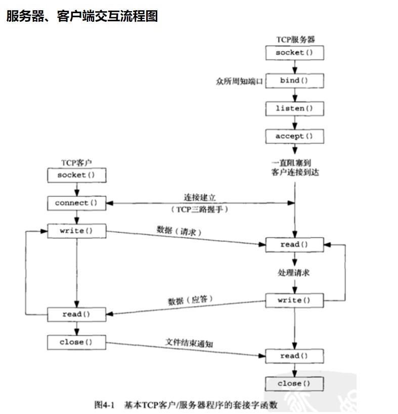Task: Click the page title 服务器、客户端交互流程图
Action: click(82, 16)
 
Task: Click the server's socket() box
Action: click(295, 53)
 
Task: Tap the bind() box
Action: click(295, 80)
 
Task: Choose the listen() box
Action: click(295, 108)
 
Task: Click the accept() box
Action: click(295, 136)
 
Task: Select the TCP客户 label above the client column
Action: click(76, 162)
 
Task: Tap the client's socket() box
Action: click(76, 175)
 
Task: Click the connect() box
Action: click(76, 203)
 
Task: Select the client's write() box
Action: click(76, 231)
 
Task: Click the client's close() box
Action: click(76, 342)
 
